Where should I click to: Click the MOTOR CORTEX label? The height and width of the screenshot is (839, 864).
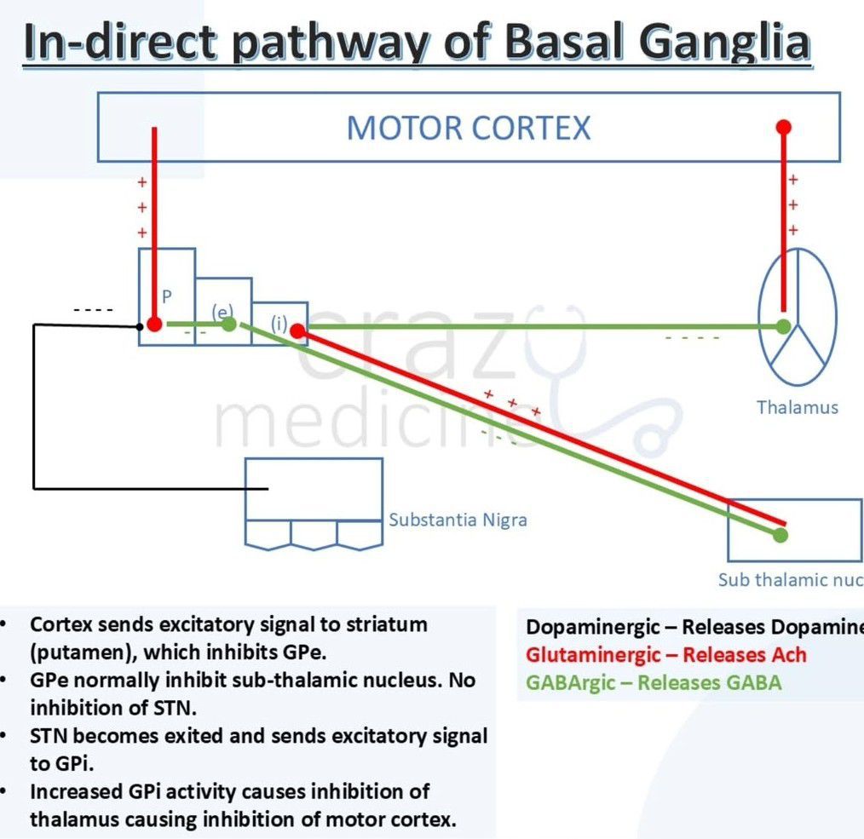[x=468, y=128]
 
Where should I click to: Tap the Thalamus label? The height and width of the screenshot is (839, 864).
[x=797, y=407]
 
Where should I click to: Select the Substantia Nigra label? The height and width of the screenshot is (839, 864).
[x=458, y=519]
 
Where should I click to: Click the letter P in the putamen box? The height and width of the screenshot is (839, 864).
[x=167, y=296]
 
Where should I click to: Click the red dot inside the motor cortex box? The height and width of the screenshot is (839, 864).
[x=784, y=128]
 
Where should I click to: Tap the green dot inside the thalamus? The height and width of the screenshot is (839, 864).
[x=783, y=325]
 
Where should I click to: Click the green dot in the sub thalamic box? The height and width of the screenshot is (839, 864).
[x=780, y=535]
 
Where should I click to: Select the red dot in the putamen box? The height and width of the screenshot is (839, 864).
[x=154, y=325]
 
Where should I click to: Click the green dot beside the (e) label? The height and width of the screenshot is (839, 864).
[x=228, y=324]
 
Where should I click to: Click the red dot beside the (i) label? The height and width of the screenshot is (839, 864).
[x=297, y=330]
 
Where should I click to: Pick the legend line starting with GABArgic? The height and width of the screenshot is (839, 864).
[x=654, y=682]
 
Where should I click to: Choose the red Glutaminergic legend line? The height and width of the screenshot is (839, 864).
[x=665, y=655]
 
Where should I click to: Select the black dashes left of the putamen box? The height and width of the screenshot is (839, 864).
[x=93, y=309]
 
